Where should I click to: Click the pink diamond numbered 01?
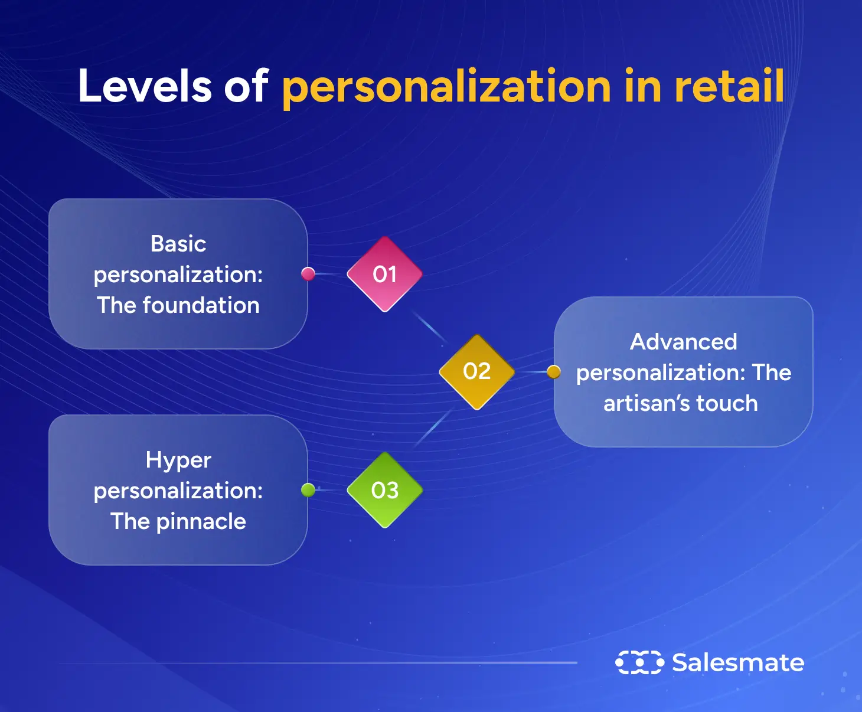(x=384, y=274)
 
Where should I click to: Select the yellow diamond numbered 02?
(x=476, y=371)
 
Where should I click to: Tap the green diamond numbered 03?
(x=384, y=490)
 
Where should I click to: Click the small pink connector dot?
(x=308, y=273)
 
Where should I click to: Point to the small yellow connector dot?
(x=553, y=372)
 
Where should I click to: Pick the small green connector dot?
(x=308, y=489)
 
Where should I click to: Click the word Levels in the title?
(x=145, y=86)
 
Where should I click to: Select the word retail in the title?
(x=729, y=86)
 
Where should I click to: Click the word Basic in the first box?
(x=178, y=244)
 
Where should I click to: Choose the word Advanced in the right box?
(x=683, y=342)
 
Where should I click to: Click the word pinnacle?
(x=201, y=522)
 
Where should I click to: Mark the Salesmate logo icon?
(x=639, y=662)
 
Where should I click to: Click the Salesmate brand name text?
(x=738, y=662)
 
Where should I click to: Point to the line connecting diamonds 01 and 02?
(x=430, y=327)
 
